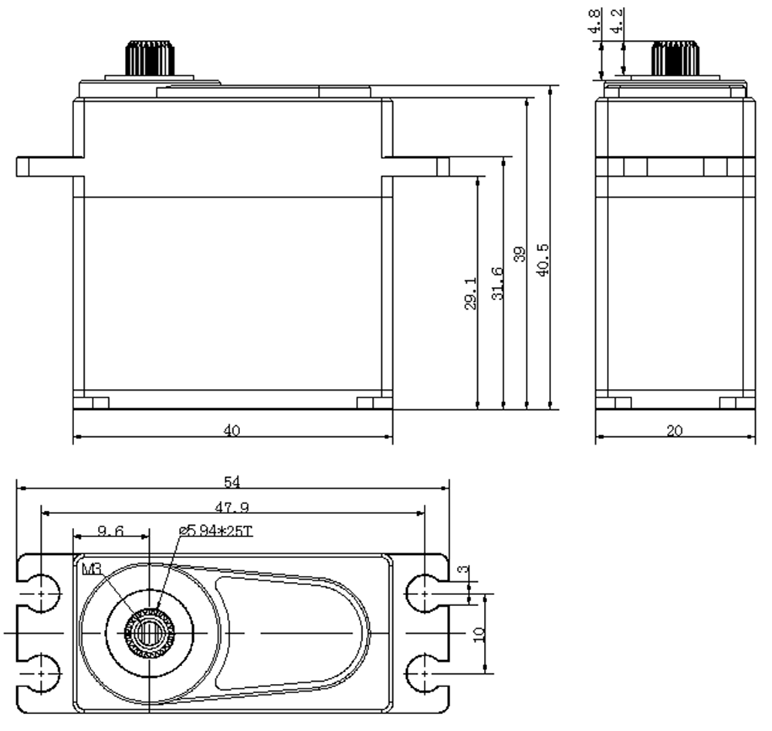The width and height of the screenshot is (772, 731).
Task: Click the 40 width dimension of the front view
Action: coord(232,431)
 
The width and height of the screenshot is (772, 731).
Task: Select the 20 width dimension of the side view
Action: coord(675,431)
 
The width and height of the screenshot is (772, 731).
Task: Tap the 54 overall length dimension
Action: coord(232,482)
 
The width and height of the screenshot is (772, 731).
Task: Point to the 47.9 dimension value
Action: coord(232,507)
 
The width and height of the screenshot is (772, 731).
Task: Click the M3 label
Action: coord(91,569)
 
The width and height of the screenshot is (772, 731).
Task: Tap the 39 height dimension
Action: coord(520,255)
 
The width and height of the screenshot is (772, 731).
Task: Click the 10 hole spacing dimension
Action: coord(479,633)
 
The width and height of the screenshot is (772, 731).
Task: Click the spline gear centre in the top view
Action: coord(147,632)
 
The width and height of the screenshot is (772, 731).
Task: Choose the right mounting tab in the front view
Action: coord(417,166)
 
